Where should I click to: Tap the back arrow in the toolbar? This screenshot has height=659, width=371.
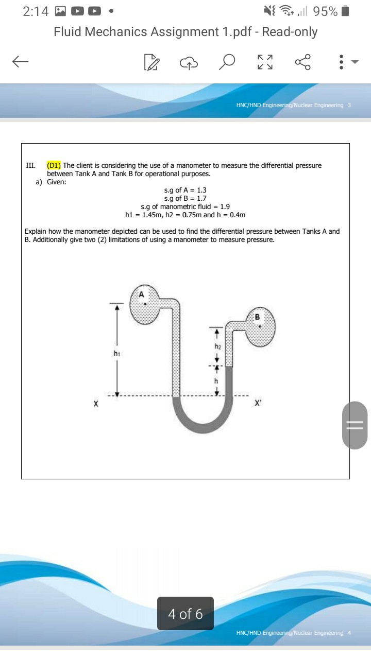pos(21,62)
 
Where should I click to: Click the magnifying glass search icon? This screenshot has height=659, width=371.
pos(227,62)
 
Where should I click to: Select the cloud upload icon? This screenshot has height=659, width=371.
pos(189,62)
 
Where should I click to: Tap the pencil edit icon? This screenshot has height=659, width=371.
pos(150,62)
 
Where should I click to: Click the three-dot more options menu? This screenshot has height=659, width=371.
pos(340,62)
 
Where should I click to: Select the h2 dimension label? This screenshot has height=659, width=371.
pos(217,346)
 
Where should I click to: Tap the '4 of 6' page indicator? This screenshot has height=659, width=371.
pos(185,614)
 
